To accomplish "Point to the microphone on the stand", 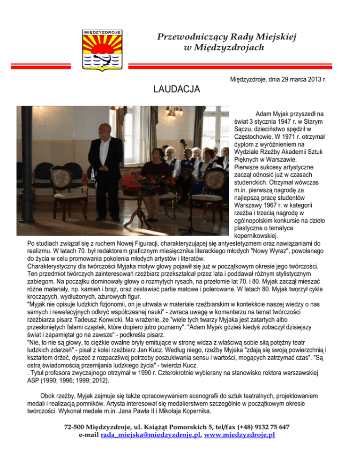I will coord(184,142).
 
